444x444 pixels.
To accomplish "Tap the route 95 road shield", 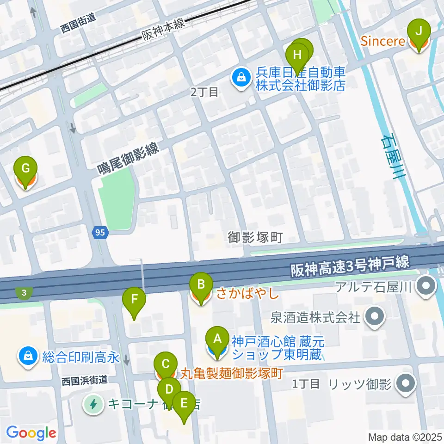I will tap(100, 233).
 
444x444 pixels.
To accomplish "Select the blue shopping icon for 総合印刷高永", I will tap(28, 357).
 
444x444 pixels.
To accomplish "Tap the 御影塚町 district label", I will tap(255, 238).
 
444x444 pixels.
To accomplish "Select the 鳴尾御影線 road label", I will tap(128, 158).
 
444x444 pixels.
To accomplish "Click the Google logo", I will tap(31, 433).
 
